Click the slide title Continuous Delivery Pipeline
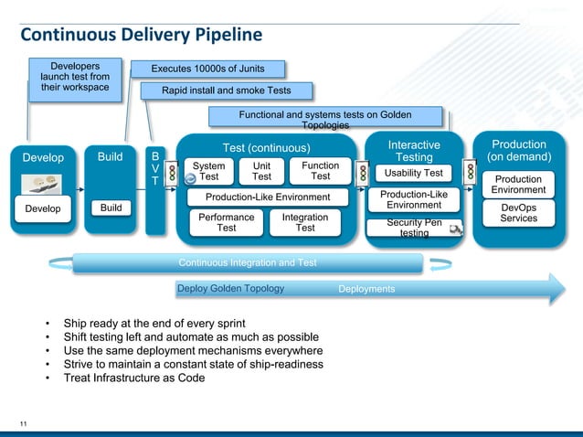(x=141, y=35)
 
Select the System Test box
(x=209, y=171)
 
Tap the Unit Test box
(x=261, y=171)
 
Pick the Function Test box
(x=320, y=171)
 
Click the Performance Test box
(x=226, y=223)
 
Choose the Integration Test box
(x=304, y=223)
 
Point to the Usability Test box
(x=413, y=173)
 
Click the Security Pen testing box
(x=414, y=228)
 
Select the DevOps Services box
(x=518, y=213)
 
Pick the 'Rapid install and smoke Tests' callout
(x=226, y=91)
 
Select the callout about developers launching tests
(x=75, y=77)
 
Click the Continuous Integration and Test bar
(x=248, y=263)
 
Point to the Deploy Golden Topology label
(x=230, y=289)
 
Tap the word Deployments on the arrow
(x=366, y=289)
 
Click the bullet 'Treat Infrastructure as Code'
(x=133, y=378)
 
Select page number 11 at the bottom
(x=25, y=421)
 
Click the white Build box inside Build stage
(x=111, y=208)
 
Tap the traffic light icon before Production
(x=470, y=171)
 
